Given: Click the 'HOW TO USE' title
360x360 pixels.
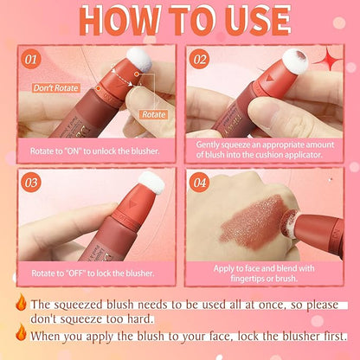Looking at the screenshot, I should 180,20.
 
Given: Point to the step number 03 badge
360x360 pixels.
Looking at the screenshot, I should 32,183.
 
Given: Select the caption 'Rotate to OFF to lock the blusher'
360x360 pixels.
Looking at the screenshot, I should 92,273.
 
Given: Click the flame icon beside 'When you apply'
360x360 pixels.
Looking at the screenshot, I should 20,332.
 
